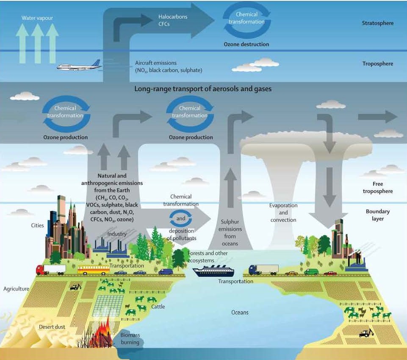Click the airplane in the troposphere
(x=78, y=66)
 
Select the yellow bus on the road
(x=93, y=270)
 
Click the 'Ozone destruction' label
(x=246, y=44)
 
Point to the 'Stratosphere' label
(x=378, y=23)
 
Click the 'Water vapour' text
(x=38, y=18)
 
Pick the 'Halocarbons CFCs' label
(x=172, y=20)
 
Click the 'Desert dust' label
(x=52, y=327)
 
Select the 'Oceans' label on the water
(x=240, y=313)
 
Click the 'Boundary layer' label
(x=378, y=215)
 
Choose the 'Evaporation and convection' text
(x=283, y=212)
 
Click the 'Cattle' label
(x=158, y=307)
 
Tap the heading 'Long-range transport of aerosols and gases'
(x=203, y=89)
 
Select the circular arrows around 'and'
(x=181, y=219)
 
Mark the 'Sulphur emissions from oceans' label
(x=230, y=232)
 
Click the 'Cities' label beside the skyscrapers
(x=37, y=225)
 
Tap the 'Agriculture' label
(x=16, y=289)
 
